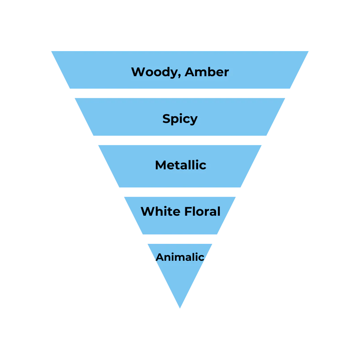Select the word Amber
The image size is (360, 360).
(207, 72)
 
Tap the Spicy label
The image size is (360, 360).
(180, 119)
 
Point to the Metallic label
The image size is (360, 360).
(181, 165)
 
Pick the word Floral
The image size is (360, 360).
(203, 211)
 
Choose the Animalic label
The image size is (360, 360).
(180, 257)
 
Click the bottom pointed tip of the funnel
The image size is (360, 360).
(180, 308)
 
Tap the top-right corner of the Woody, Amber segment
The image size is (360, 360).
(308, 50)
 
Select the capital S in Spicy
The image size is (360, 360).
(166, 119)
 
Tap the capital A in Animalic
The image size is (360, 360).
(159, 257)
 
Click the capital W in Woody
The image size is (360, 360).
(137, 72)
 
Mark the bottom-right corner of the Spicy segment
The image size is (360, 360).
(268, 137)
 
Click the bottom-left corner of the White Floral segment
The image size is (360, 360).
(142, 235)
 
